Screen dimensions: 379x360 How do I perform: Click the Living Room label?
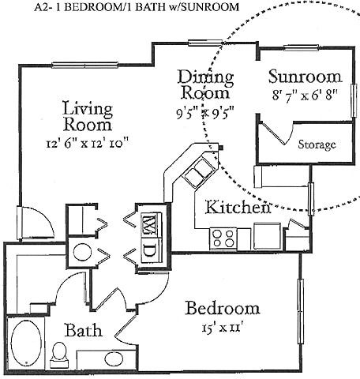click(87, 116)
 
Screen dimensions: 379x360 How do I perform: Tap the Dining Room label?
click(205, 85)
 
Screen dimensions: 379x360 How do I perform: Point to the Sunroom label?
click(304, 77)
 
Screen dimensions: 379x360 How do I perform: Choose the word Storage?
click(317, 144)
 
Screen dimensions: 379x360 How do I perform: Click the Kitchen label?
click(238, 208)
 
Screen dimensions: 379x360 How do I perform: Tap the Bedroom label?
click(222, 307)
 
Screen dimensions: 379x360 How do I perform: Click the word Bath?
click(82, 331)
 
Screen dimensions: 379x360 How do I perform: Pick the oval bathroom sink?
click(114, 359)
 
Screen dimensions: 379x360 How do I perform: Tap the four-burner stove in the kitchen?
click(223, 237)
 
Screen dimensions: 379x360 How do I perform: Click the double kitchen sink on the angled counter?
click(197, 171)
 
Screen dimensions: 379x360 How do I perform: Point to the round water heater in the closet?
click(81, 253)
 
